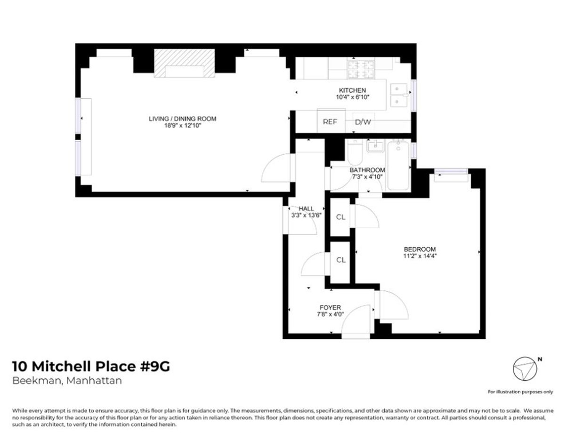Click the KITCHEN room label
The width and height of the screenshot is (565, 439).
point(352,90)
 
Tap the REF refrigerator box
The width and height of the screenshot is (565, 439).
point(330,121)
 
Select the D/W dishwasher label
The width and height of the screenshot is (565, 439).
point(362,122)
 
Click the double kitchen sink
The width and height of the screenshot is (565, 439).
point(400,95)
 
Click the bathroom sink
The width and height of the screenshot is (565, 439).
point(376,147)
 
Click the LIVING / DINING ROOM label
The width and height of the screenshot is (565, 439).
point(183,119)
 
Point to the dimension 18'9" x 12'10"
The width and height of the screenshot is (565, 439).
point(183,126)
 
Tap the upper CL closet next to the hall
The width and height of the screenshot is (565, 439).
point(340,217)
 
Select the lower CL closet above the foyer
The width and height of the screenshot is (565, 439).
point(340,260)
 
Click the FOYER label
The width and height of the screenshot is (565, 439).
point(330,308)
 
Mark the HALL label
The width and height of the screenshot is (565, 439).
point(306,208)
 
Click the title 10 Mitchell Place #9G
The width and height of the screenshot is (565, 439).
point(90,366)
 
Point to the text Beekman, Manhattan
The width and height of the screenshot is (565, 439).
point(66,381)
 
